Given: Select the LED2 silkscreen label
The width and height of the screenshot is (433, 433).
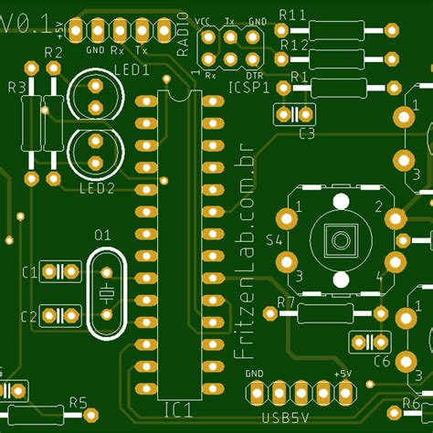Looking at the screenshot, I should pos(97,189).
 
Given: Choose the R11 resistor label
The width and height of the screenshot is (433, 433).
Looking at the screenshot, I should pos(291,14).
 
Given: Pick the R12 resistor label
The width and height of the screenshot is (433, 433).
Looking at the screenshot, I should pos(293,44).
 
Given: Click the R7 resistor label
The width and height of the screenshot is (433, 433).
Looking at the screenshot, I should pos(286,302).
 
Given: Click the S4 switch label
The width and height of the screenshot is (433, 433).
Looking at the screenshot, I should pos(273,241).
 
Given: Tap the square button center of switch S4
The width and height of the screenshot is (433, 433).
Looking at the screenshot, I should pos(340,241).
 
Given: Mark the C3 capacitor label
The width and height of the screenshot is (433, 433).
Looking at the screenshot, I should pos(307,133).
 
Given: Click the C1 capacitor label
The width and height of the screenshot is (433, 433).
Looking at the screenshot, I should pos(28,272).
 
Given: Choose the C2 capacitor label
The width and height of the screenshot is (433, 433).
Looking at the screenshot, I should pos(28,316).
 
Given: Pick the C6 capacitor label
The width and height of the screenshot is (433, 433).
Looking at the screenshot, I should pos(382,362).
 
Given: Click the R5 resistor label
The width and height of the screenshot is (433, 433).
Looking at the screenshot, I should pos(78,403).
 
